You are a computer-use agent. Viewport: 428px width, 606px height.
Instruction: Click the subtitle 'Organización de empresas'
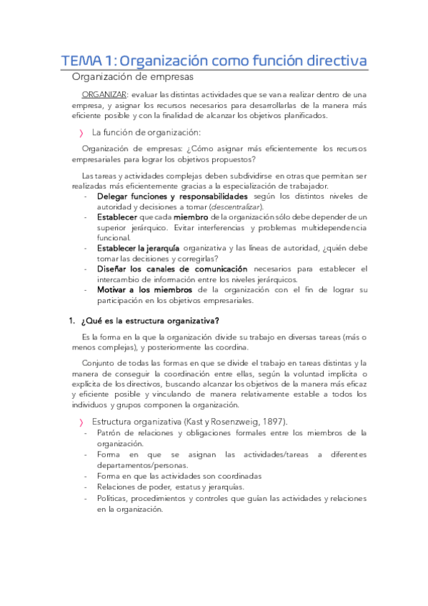coord(132,76)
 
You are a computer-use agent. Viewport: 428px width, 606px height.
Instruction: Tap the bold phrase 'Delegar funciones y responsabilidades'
coord(172,196)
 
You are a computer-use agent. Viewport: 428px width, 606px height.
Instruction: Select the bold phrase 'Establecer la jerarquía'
coord(138,248)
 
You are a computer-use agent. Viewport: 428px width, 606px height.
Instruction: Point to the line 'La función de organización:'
coord(146,132)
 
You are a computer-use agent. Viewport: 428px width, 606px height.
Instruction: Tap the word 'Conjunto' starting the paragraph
coord(101,362)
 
